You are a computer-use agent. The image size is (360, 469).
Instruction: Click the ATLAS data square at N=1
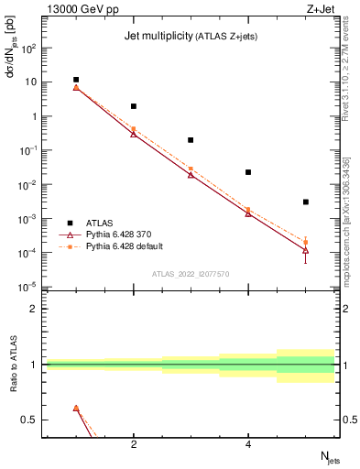pos(76,80)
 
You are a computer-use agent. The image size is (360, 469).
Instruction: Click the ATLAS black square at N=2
pos(134,106)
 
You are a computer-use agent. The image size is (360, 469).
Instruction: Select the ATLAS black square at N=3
pos(191,140)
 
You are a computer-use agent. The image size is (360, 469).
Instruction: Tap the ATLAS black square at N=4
pos(248,172)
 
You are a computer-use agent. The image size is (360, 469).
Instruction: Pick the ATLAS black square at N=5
pos(306,202)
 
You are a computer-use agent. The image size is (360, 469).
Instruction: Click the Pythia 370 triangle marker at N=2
pos(134,134)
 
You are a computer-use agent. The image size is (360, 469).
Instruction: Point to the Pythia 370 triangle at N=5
pos(306,250)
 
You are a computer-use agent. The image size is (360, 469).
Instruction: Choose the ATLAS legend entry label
pos(101,223)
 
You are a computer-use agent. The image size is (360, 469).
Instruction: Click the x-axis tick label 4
pos(248,445)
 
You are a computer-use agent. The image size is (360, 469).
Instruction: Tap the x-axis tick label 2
pos(134,445)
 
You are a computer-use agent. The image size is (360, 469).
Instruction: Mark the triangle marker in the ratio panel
pos(76,409)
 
